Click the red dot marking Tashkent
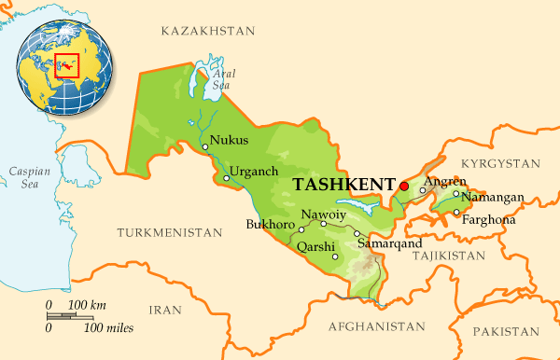pyautogui.click(x=404, y=187)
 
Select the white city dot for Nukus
pyautogui.click(x=204, y=146)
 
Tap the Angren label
pyautogui.click(x=441, y=182)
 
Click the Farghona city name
pyautogui.click(x=489, y=219)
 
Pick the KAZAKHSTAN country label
pyautogui.click(x=207, y=31)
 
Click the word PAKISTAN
pyautogui.click(x=506, y=331)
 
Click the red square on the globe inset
pyautogui.click(x=66, y=66)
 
